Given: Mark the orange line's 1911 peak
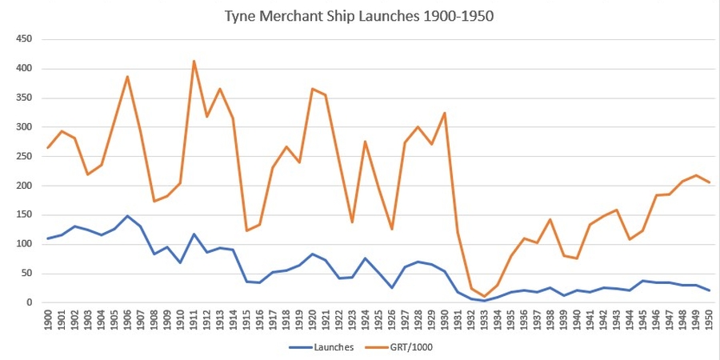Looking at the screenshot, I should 194,61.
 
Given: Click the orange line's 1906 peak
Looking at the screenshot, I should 127,77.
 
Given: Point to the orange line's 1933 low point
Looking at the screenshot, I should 484,297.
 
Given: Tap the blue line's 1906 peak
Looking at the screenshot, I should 127,216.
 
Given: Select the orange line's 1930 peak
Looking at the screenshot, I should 444,113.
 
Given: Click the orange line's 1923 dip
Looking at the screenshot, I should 352,222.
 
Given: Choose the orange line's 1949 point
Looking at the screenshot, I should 695,175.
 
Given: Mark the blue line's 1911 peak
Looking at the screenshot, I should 194,234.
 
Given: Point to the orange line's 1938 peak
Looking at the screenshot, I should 550,219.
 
